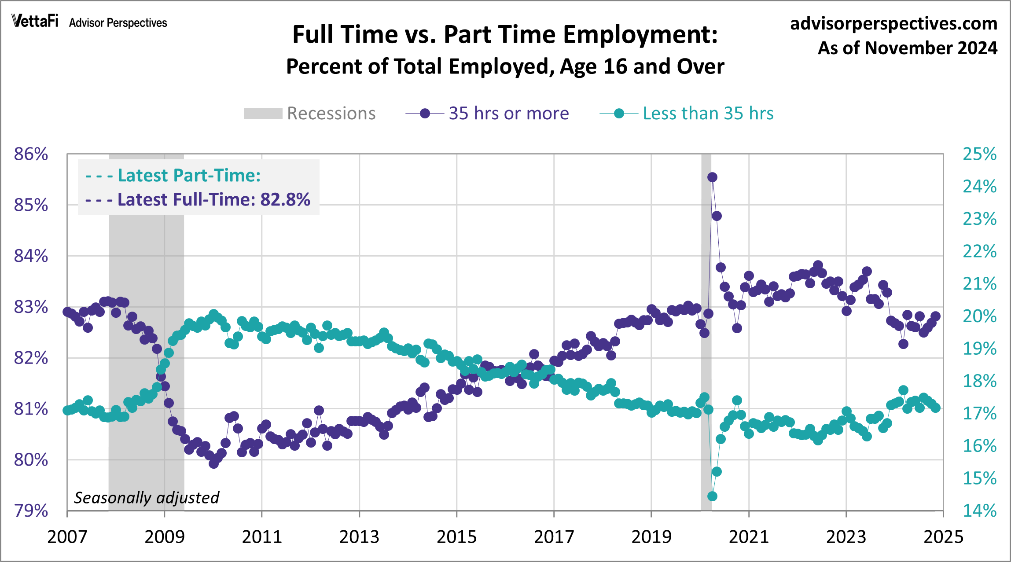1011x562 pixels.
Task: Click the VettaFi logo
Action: (35, 21)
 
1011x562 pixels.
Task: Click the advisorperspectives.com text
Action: (893, 23)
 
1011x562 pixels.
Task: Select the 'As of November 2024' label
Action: (907, 48)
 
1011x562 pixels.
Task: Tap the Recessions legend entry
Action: (310, 114)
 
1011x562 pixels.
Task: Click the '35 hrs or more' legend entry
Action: (487, 114)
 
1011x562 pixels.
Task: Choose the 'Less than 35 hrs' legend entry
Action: (687, 114)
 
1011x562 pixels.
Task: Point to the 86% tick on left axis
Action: (31, 154)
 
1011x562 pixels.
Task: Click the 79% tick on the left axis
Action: (31, 511)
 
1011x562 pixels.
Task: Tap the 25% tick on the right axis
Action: (979, 154)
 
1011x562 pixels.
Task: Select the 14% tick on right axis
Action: (979, 511)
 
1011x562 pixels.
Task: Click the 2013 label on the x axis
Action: (359, 537)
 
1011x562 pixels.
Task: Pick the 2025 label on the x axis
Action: (943, 537)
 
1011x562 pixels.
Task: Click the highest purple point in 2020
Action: (712, 177)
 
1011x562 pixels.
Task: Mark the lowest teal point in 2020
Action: (712, 496)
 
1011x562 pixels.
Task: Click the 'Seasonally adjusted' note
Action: (146, 498)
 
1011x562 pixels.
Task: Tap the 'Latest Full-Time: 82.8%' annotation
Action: (198, 200)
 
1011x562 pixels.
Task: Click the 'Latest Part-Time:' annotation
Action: (173, 176)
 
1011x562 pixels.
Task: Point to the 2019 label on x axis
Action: (651, 537)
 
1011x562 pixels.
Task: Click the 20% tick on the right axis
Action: (979, 316)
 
